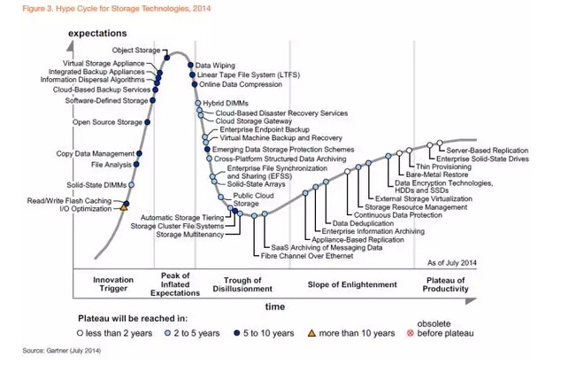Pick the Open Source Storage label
106,122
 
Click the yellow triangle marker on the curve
125,206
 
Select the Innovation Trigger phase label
113,283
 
